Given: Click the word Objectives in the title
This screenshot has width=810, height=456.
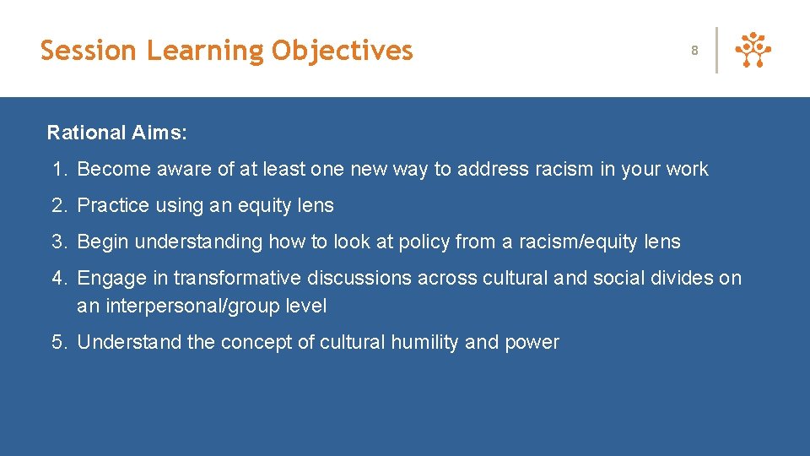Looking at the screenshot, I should point(342,51).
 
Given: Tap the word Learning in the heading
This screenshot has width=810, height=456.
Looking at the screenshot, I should point(205,51).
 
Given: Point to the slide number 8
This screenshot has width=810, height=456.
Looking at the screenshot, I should point(694,51).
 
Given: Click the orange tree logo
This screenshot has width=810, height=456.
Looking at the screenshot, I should point(753,51).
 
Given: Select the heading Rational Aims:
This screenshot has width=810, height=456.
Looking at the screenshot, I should point(117,133).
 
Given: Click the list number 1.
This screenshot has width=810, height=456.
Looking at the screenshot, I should point(57,169).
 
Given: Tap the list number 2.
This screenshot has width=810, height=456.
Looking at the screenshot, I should point(57,205).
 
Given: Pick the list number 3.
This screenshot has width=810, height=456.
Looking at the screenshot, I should point(57,242).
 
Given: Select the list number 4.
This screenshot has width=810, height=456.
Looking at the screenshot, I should point(57,278).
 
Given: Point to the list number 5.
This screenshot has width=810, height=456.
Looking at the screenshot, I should point(57,342).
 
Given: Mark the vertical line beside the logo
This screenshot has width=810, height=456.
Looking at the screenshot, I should point(716,51).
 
